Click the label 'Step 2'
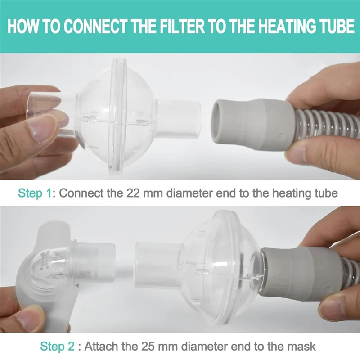pos(57,346)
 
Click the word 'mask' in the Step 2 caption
pos(302,346)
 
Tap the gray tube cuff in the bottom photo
pos(297,270)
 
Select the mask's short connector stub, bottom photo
pos(97,256)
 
